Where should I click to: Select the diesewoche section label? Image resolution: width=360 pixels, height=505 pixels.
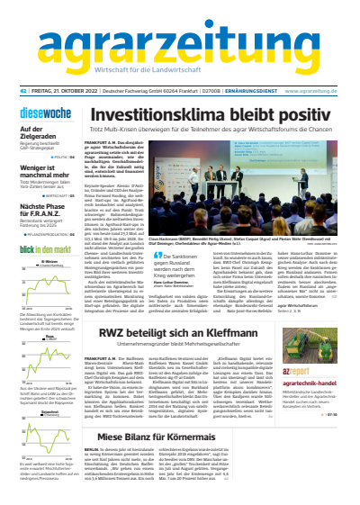point(41,115)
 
